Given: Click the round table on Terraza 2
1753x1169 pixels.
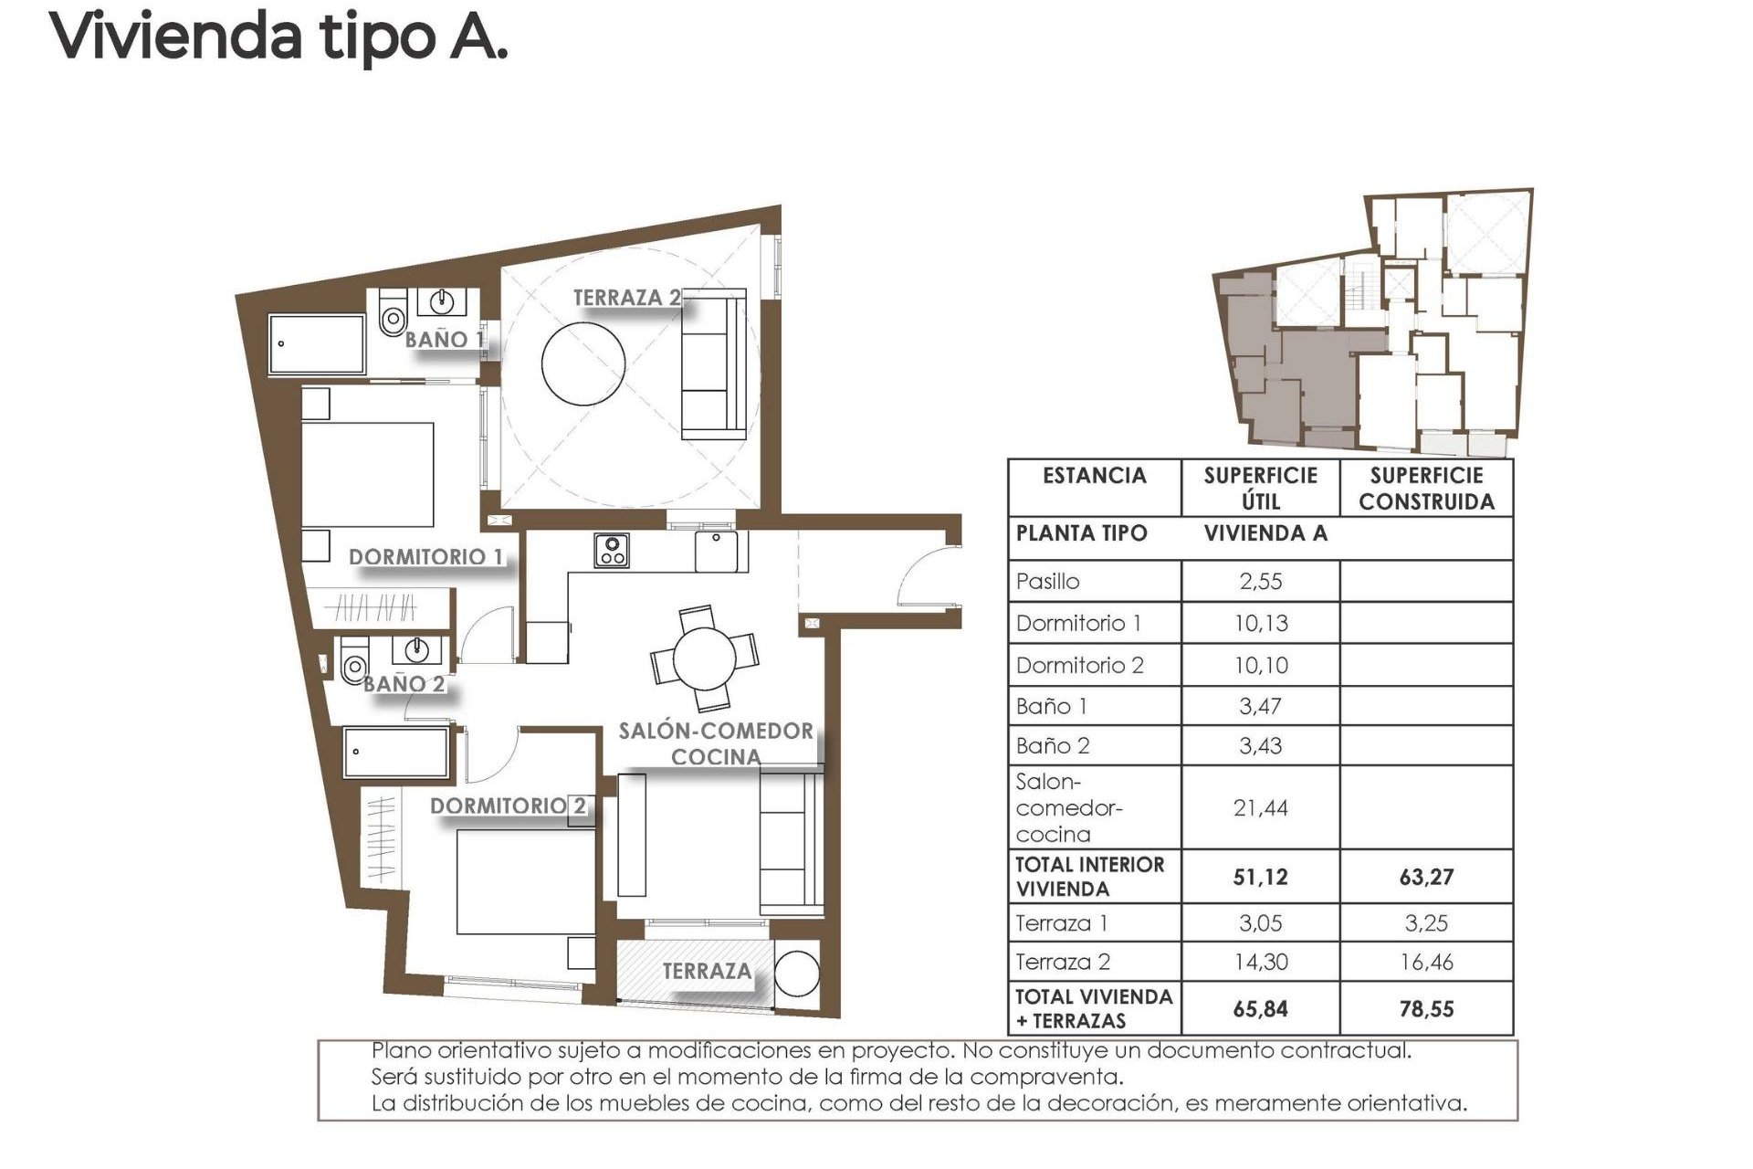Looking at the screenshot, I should (x=583, y=362).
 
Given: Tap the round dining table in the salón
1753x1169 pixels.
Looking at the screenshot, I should (x=704, y=658).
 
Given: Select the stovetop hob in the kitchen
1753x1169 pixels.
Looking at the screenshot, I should (x=611, y=551).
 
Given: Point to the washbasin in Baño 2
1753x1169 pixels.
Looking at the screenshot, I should (x=417, y=650).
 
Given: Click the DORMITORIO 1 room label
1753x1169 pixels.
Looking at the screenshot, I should (x=425, y=556).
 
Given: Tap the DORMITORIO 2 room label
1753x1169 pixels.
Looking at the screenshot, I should (x=508, y=806).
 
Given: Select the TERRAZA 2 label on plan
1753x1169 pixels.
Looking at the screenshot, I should (x=626, y=297).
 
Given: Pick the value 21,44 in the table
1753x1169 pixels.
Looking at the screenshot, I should (x=1260, y=807).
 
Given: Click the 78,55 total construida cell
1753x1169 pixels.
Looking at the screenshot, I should (x=1426, y=1009).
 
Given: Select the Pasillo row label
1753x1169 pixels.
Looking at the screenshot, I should (x=1047, y=581).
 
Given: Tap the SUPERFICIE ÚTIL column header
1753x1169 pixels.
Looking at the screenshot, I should (x=1260, y=488).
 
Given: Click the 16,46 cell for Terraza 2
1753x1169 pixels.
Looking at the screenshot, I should (x=1426, y=962).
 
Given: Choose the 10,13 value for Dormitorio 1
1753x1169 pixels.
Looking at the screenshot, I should (x=1260, y=623).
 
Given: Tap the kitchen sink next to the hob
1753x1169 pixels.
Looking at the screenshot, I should (x=718, y=551).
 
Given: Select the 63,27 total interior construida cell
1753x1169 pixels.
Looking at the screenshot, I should (x=1426, y=877).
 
